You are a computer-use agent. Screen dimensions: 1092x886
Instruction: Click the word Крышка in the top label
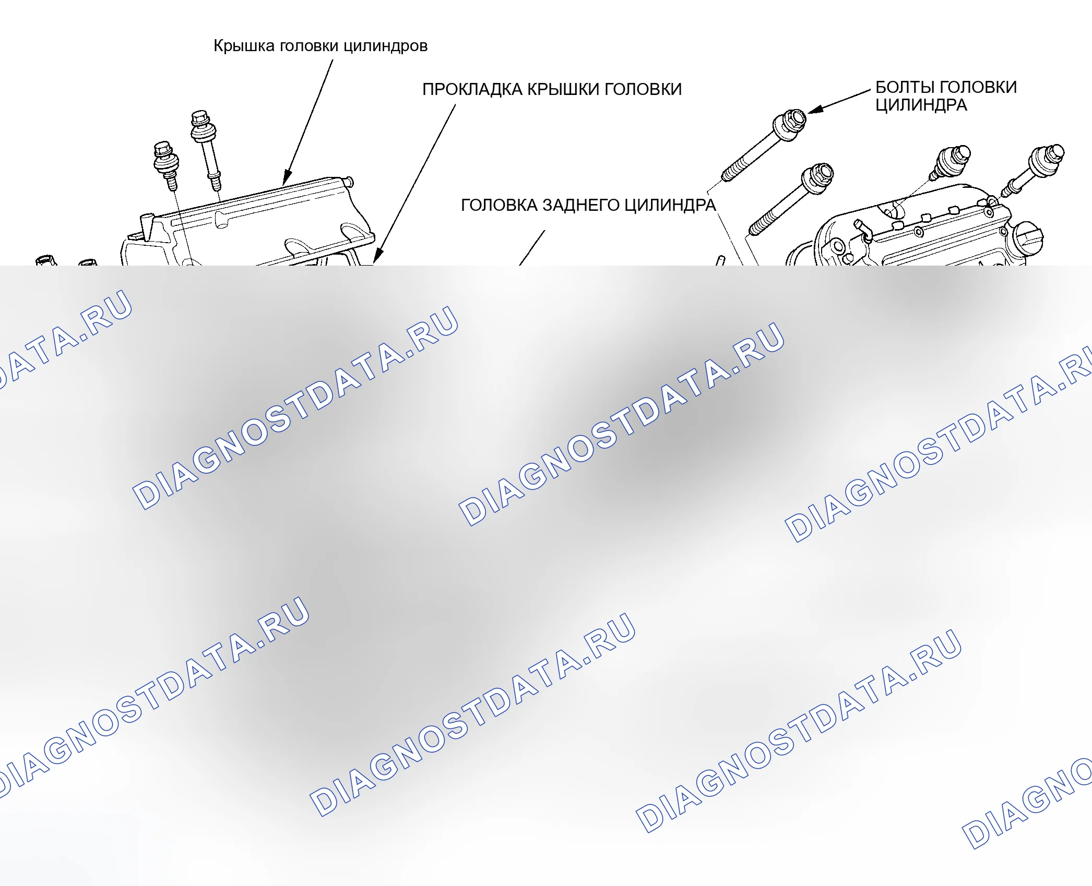[244, 46]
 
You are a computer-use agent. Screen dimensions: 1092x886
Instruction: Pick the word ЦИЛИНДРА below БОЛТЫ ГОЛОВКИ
[921, 105]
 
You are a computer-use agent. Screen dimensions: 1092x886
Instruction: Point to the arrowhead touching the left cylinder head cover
[287, 177]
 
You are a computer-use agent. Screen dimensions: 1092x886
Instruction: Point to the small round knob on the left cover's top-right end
[349, 182]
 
